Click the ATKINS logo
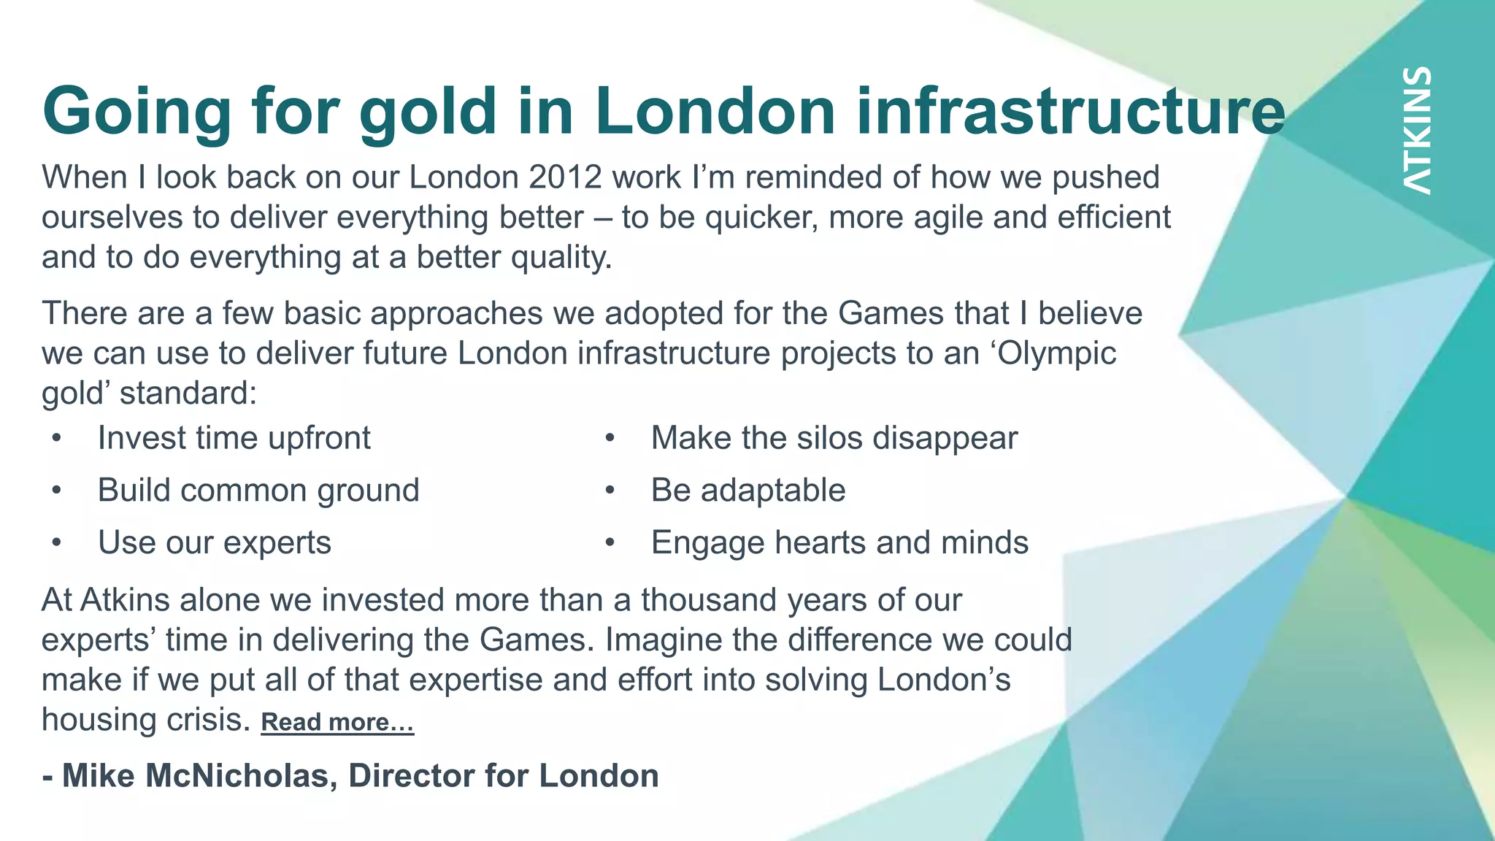pos(1417,131)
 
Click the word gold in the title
pos(428,112)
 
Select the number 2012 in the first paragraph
pos(566,177)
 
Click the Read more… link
pos(337,722)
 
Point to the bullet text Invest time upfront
pos(234,438)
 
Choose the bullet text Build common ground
pos(258,490)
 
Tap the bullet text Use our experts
pos(214,542)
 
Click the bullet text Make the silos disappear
pos(834,438)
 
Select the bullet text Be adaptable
pos(747,490)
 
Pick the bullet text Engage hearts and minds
pos(839,542)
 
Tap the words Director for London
pos(504,775)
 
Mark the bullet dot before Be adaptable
pos(610,491)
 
